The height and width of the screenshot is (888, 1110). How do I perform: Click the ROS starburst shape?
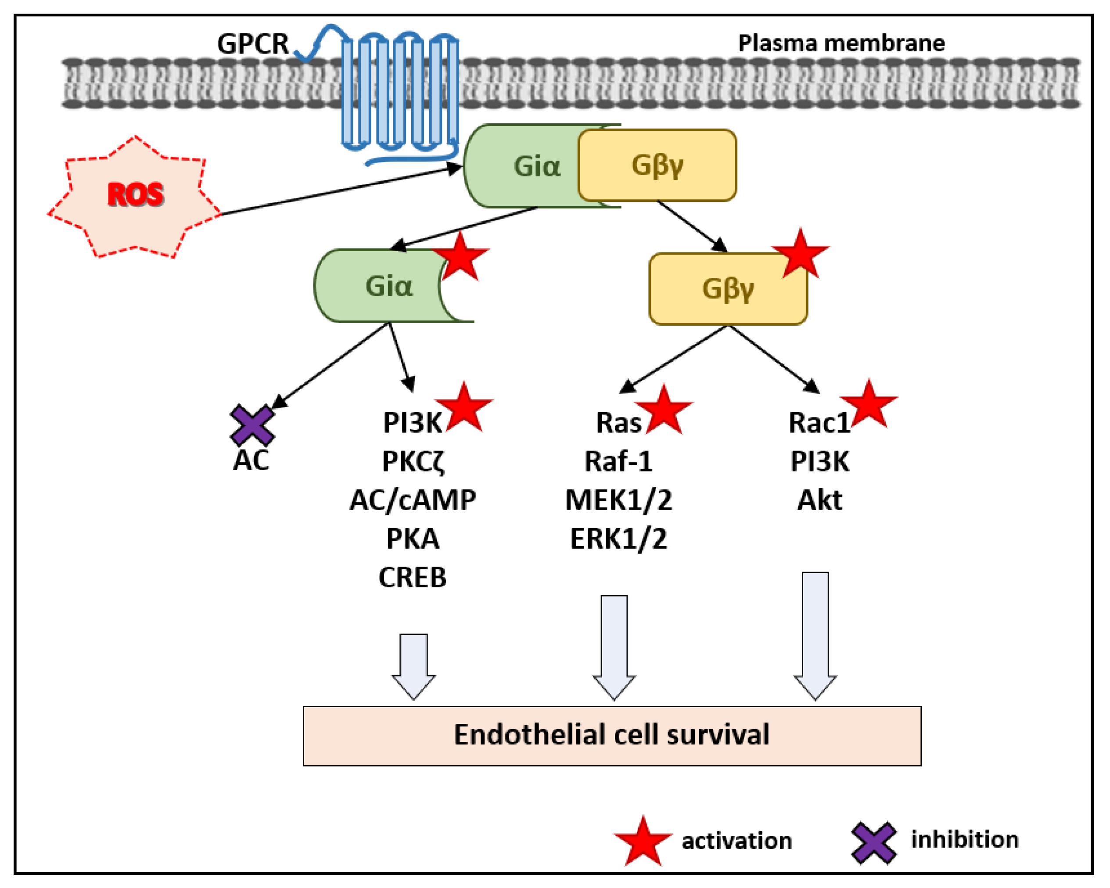tap(135, 196)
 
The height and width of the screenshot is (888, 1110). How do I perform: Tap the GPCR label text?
tap(253, 44)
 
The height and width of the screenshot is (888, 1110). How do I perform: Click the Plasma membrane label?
tap(841, 43)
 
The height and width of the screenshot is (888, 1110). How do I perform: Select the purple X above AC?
tap(252, 425)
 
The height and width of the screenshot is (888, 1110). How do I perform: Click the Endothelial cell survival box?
tap(612, 736)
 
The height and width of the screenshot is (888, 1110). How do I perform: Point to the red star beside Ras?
tap(664, 411)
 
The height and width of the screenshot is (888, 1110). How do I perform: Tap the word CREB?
tap(413, 578)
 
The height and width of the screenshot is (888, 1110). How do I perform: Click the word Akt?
tap(819, 500)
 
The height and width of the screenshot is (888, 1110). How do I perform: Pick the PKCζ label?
tap(413, 462)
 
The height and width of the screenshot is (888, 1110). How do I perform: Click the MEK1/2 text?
tap(618, 500)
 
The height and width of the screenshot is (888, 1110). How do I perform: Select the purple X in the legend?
tap(874, 843)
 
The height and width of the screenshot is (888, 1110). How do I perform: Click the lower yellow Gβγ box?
tap(727, 289)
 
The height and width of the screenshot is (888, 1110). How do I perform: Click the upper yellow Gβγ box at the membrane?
tap(657, 165)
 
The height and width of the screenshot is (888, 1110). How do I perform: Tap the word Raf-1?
tap(618, 462)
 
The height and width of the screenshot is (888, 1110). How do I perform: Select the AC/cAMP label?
tap(413, 500)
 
